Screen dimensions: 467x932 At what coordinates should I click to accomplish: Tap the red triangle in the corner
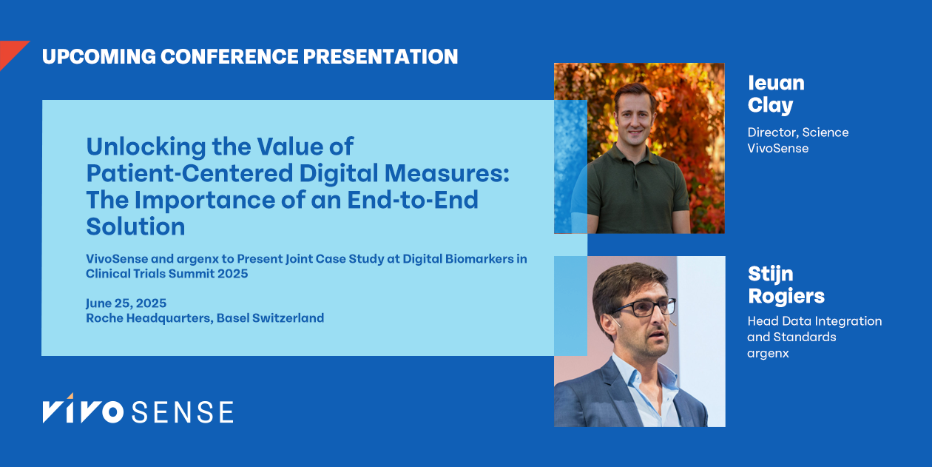10,52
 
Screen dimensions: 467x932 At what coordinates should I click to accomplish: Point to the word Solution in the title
135,226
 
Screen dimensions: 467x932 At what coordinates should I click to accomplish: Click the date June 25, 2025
126,303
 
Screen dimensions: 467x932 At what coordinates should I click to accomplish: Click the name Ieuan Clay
775,94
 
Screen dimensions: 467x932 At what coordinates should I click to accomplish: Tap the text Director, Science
797,132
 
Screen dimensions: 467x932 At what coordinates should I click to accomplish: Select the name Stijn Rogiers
786,286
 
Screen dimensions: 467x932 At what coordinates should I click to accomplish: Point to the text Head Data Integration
814,321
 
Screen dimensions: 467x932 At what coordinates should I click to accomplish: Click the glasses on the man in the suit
642,307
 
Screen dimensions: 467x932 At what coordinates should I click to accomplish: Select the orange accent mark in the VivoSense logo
70,397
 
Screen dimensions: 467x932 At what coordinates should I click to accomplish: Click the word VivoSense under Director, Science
777,148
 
